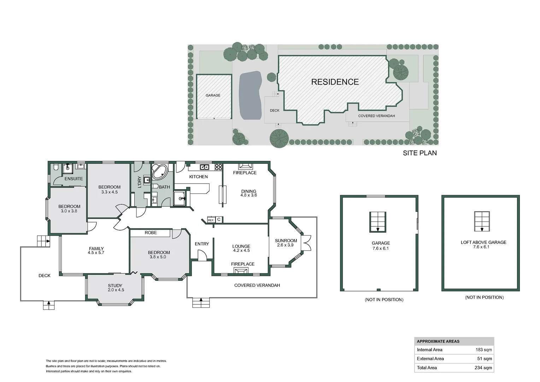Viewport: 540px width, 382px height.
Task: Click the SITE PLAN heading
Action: [x=420, y=153]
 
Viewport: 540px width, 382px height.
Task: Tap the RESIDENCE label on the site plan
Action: [x=335, y=82]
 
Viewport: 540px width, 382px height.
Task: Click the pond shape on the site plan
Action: [x=250, y=95]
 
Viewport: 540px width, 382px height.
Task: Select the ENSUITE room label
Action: [x=74, y=179]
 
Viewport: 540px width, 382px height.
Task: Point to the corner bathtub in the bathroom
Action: [x=159, y=171]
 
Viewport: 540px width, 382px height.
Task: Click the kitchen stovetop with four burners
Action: [x=218, y=167]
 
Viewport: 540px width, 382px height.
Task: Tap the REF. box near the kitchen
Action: [x=211, y=220]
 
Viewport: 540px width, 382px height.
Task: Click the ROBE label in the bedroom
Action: [x=151, y=233]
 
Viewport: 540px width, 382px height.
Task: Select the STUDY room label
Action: [x=115, y=286]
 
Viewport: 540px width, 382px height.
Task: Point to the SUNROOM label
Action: [x=286, y=241]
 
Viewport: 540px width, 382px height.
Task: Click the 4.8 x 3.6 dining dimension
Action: [x=248, y=195]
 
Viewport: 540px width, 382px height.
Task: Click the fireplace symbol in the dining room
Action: [x=245, y=166]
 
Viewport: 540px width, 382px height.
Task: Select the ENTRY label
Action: [x=202, y=244]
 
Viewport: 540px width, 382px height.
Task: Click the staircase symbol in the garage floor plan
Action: [x=378, y=222]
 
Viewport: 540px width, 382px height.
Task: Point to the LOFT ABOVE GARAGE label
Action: [x=483, y=242]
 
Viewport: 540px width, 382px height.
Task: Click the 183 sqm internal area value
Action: [x=483, y=350]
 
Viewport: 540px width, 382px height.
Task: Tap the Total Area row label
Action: [x=427, y=368]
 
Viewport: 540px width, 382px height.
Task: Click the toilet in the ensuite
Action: [x=56, y=167]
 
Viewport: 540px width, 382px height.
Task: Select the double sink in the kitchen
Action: [x=204, y=167]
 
